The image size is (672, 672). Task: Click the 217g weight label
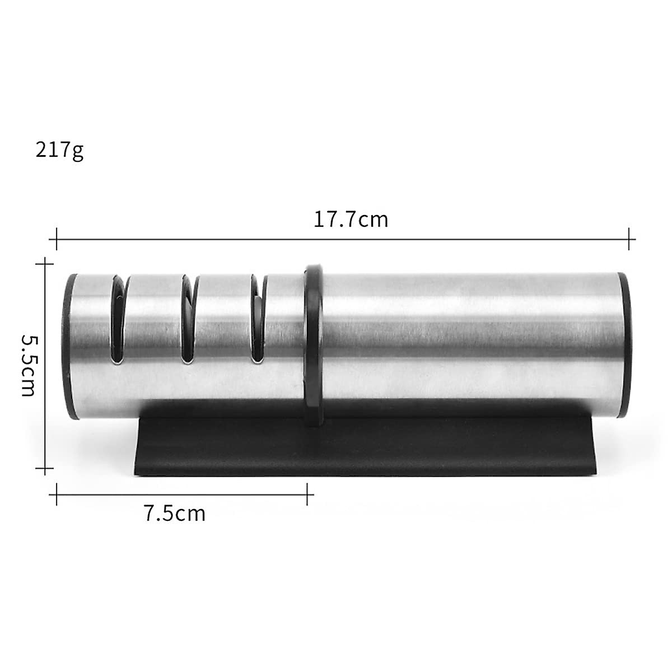(59, 150)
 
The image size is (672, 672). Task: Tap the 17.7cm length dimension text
(351, 220)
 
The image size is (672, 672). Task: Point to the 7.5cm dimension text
(175, 514)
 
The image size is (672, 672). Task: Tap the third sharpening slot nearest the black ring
(258, 319)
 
